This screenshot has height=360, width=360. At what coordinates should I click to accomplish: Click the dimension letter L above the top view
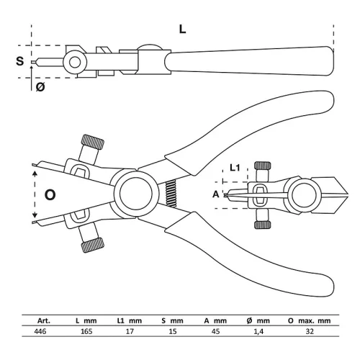pyautogui.click(x=182, y=30)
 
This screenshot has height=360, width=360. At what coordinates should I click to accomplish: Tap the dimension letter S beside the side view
pyautogui.click(x=20, y=61)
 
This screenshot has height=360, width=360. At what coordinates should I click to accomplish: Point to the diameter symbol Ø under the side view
pyautogui.click(x=40, y=86)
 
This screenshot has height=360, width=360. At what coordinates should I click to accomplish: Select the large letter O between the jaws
pyautogui.click(x=50, y=195)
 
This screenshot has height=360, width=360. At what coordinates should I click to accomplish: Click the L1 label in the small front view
pyautogui.click(x=235, y=168)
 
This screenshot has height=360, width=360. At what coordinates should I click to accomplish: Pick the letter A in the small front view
pyautogui.click(x=216, y=194)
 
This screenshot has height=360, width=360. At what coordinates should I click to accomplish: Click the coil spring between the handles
pyautogui.click(x=171, y=194)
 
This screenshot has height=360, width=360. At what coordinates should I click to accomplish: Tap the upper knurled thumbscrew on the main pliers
pyautogui.click(x=93, y=142)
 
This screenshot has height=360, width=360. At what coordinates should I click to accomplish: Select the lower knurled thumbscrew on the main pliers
pyautogui.click(x=93, y=245)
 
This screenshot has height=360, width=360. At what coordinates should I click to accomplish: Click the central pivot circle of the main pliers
pyautogui.click(x=136, y=194)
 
